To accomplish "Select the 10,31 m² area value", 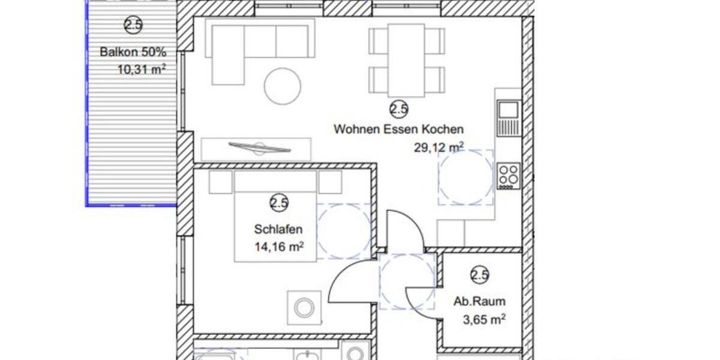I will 142,69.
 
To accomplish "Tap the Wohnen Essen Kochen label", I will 398,129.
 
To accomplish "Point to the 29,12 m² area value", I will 439,147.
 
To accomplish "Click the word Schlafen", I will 278,229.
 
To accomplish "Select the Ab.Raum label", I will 479,302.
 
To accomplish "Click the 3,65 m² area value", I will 483,320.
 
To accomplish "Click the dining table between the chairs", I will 406,59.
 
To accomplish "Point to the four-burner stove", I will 508,176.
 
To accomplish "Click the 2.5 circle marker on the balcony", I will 133,25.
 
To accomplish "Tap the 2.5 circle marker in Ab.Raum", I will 480,275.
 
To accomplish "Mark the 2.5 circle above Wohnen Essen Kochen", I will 399,109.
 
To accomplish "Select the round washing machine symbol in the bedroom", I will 304,308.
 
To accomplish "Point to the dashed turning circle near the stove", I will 466,177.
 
